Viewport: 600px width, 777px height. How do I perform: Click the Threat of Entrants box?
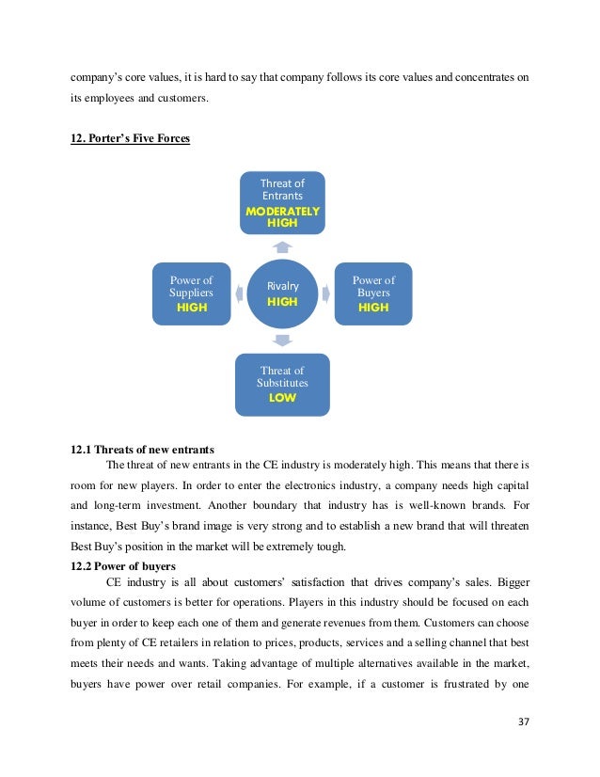[x=282, y=201]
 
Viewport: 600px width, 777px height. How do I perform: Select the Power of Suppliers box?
[x=191, y=293]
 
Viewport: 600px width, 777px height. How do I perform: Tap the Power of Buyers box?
[x=373, y=293]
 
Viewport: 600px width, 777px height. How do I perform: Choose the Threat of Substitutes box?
[x=282, y=384]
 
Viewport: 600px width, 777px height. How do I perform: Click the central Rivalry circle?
[x=282, y=293]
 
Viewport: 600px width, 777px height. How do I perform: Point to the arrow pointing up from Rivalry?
[x=282, y=246]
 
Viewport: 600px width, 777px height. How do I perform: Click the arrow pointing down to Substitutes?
[x=282, y=340]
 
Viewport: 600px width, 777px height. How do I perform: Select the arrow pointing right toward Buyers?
[x=326, y=293]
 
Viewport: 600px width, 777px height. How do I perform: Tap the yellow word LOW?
[x=282, y=398]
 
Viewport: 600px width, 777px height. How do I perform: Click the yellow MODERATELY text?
[x=282, y=212]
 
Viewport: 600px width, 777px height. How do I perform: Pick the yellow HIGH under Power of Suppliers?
[x=192, y=308]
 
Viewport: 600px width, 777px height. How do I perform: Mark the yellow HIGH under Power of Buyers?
[x=373, y=308]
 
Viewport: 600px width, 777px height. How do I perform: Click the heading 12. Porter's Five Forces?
[x=130, y=139]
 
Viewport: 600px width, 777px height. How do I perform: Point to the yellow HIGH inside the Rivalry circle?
[x=282, y=302]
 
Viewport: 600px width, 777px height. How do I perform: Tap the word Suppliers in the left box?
[x=192, y=293]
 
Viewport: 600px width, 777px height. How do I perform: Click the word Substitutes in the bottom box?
[x=282, y=383]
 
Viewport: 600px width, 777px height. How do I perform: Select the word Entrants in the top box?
[x=282, y=196]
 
